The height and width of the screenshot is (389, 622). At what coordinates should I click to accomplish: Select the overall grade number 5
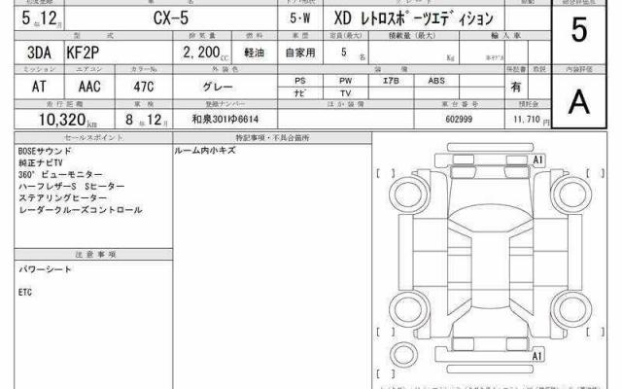click(x=579, y=30)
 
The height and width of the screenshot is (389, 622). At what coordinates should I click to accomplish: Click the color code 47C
click(x=130, y=86)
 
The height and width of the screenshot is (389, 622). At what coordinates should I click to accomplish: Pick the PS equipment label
click(x=300, y=81)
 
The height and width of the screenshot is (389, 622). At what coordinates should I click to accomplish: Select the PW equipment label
click(x=345, y=81)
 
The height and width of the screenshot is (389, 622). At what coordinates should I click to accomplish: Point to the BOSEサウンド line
click(x=45, y=153)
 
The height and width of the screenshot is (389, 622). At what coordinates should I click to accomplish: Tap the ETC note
click(x=25, y=290)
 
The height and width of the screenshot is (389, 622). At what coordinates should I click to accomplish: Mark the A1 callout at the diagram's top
click(x=536, y=158)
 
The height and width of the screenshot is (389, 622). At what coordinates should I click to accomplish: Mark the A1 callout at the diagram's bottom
click(x=536, y=357)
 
